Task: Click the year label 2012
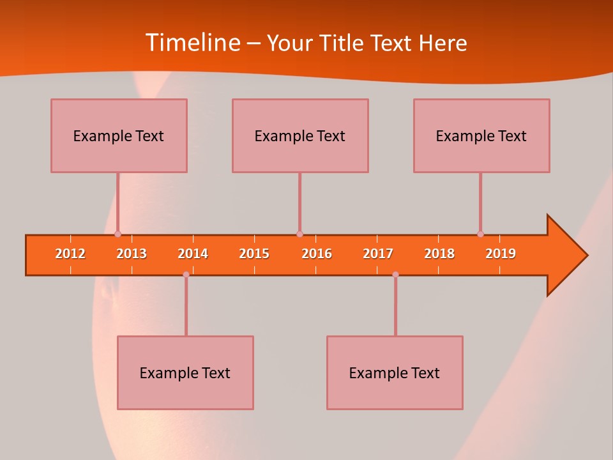click(x=70, y=254)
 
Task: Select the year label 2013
click(x=132, y=254)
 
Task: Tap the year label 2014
click(x=193, y=254)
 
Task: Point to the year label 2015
click(x=254, y=254)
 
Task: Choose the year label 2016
click(x=317, y=254)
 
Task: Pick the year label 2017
click(x=378, y=254)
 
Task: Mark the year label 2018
click(x=439, y=254)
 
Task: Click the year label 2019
click(x=501, y=254)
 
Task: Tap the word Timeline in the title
click(x=192, y=43)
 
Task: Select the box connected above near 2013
click(x=119, y=135)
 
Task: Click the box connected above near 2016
click(x=300, y=135)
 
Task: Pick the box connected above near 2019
click(x=481, y=135)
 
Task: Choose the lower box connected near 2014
click(x=185, y=372)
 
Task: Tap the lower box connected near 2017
click(x=395, y=372)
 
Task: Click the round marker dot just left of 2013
click(x=117, y=234)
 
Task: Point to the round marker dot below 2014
click(x=186, y=275)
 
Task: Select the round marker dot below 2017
click(x=395, y=275)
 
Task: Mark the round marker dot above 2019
click(x=480, y=234)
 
